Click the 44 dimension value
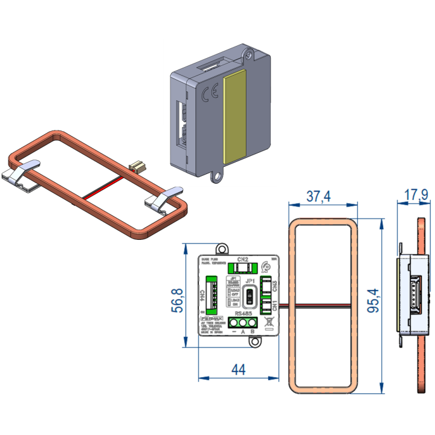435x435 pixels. click(239, 369)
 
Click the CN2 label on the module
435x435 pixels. click(242, 259)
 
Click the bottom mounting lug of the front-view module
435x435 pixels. click(256, 343)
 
